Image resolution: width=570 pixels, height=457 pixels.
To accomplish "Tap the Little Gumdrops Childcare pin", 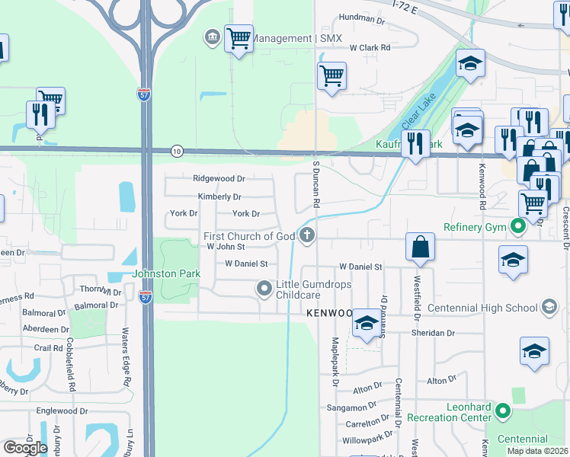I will coord(264,288).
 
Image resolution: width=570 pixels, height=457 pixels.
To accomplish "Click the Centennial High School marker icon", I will coord(547,308).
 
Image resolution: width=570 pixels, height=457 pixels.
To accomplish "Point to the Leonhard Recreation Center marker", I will coord(502,411).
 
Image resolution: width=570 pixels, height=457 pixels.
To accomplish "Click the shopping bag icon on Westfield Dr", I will coord(420,247).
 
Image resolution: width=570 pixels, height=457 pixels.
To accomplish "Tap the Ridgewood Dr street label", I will coord(219,178).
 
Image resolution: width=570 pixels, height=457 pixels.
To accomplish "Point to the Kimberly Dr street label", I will coord(219,197).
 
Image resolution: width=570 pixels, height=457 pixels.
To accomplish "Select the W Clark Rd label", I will coord(370,47).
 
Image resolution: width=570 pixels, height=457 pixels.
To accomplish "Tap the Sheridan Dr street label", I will coord(435,333).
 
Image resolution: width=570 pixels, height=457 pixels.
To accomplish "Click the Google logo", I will coord(24,447).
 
